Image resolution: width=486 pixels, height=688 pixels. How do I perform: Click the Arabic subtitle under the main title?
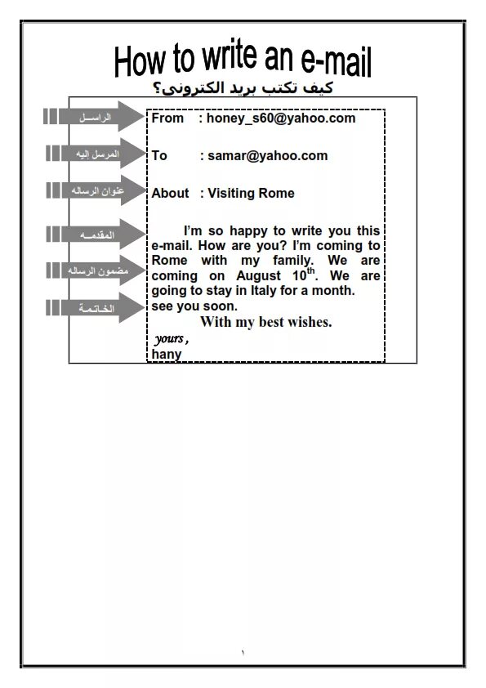pos(243,88)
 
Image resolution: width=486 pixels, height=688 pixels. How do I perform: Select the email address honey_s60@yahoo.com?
pos(281,118)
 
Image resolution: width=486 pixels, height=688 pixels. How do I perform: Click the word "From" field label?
pos(167,118)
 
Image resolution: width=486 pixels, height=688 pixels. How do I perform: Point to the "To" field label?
pos(159,155)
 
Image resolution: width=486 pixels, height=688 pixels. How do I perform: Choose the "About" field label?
pos(170,194)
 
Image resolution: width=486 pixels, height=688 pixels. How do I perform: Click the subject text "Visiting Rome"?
pos(251,194)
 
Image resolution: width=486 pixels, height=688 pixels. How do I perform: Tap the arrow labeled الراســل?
pos(93,118)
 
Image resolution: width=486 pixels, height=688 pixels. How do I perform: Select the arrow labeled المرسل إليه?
pos(93,154)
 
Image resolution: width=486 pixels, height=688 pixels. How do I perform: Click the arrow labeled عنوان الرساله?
pos(93,191)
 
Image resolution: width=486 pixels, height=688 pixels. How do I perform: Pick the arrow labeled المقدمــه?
pos(93,235)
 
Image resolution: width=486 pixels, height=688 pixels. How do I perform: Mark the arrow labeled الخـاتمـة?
pos(93,308)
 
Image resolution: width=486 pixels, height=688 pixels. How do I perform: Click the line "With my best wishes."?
pos(265,322)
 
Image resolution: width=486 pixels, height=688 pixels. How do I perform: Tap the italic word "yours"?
pos(169,338)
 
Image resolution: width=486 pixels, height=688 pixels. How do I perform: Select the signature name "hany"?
pos(166,355)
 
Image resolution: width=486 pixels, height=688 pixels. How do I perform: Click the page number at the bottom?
pos(243,652)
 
